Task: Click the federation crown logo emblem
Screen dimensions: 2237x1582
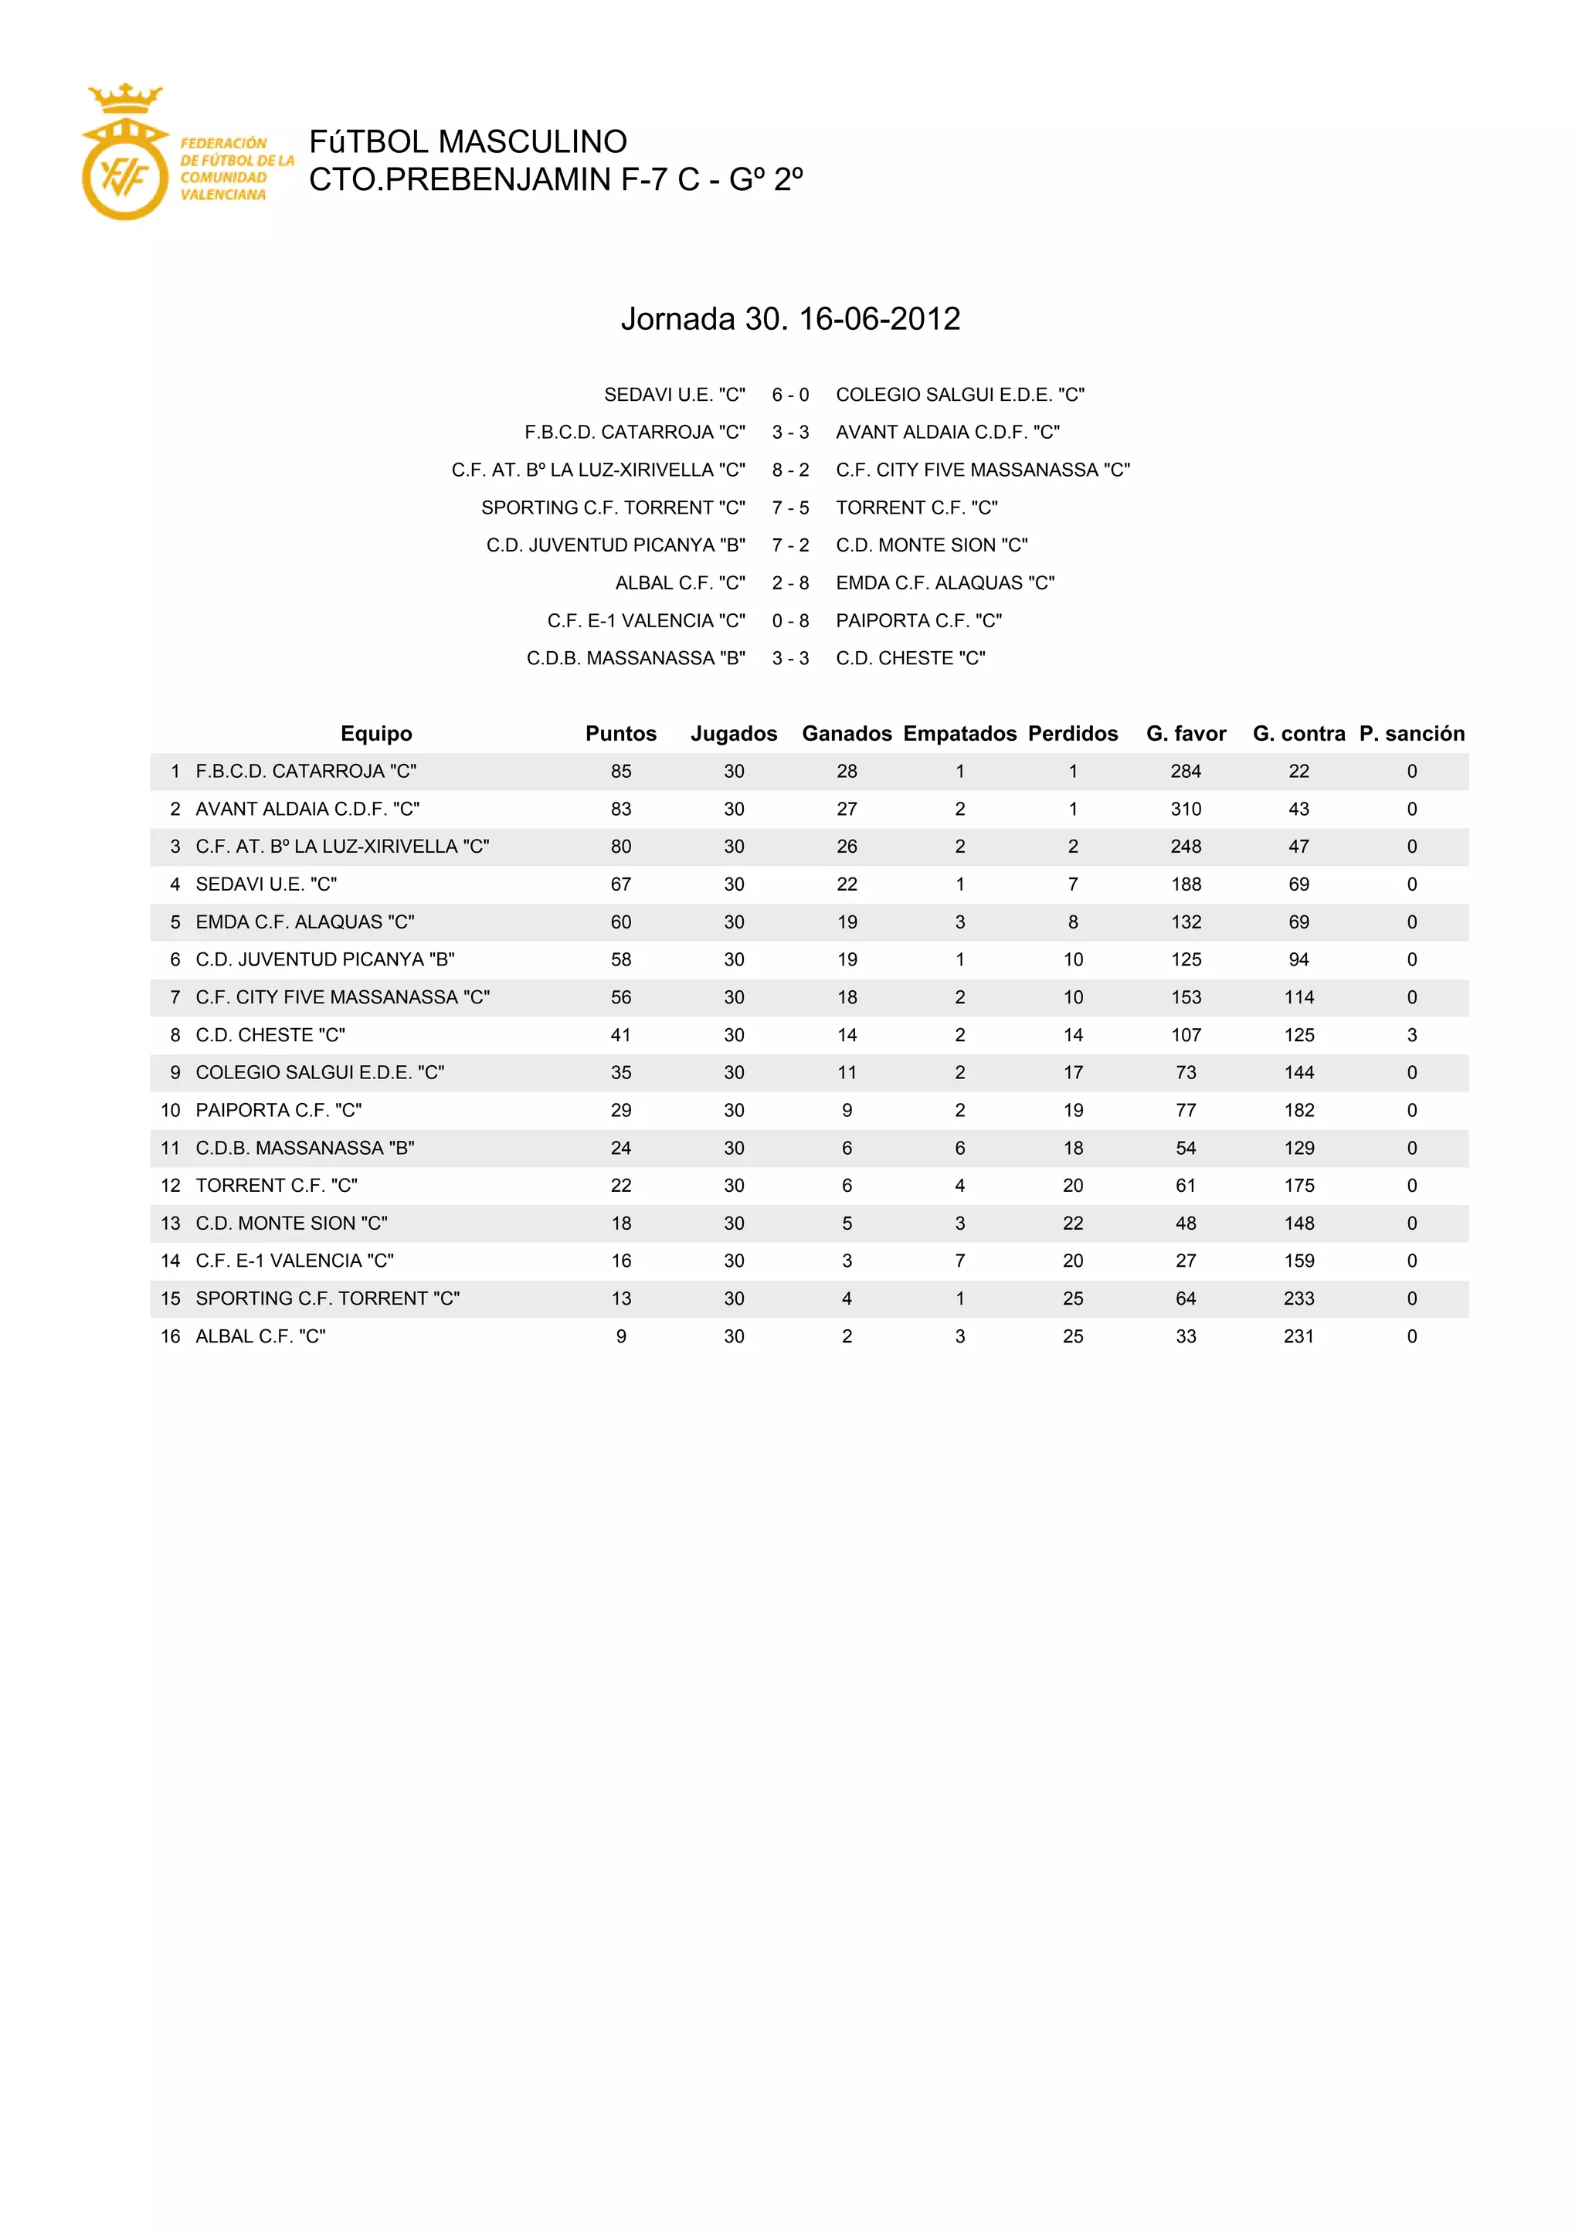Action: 124,153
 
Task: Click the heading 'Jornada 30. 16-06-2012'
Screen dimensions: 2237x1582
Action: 790,318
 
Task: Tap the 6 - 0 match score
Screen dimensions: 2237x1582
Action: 790,395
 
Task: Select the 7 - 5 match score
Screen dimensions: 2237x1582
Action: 790,507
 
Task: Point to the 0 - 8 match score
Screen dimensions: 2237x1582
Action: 790,620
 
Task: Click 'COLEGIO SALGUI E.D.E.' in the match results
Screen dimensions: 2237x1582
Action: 959,395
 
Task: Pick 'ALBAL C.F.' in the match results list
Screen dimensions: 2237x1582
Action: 680,582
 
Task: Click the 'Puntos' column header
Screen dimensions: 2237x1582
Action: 620,734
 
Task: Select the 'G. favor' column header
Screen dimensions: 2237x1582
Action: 1186,734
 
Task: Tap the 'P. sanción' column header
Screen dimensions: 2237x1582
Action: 1411,734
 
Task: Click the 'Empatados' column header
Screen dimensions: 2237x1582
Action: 959,734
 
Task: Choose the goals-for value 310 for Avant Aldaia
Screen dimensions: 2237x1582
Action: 1186,809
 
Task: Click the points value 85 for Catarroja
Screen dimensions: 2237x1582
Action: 620,772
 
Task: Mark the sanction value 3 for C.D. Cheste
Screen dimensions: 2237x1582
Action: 1411,1035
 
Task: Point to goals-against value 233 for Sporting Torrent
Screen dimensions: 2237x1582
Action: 1299,1298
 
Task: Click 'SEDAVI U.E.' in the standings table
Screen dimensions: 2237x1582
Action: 266,884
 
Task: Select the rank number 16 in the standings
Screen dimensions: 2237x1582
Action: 171,1337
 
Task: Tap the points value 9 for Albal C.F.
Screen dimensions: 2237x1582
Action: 620,1337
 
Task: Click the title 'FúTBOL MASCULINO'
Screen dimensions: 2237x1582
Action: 467,142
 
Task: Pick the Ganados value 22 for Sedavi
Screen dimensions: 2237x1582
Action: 847,884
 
